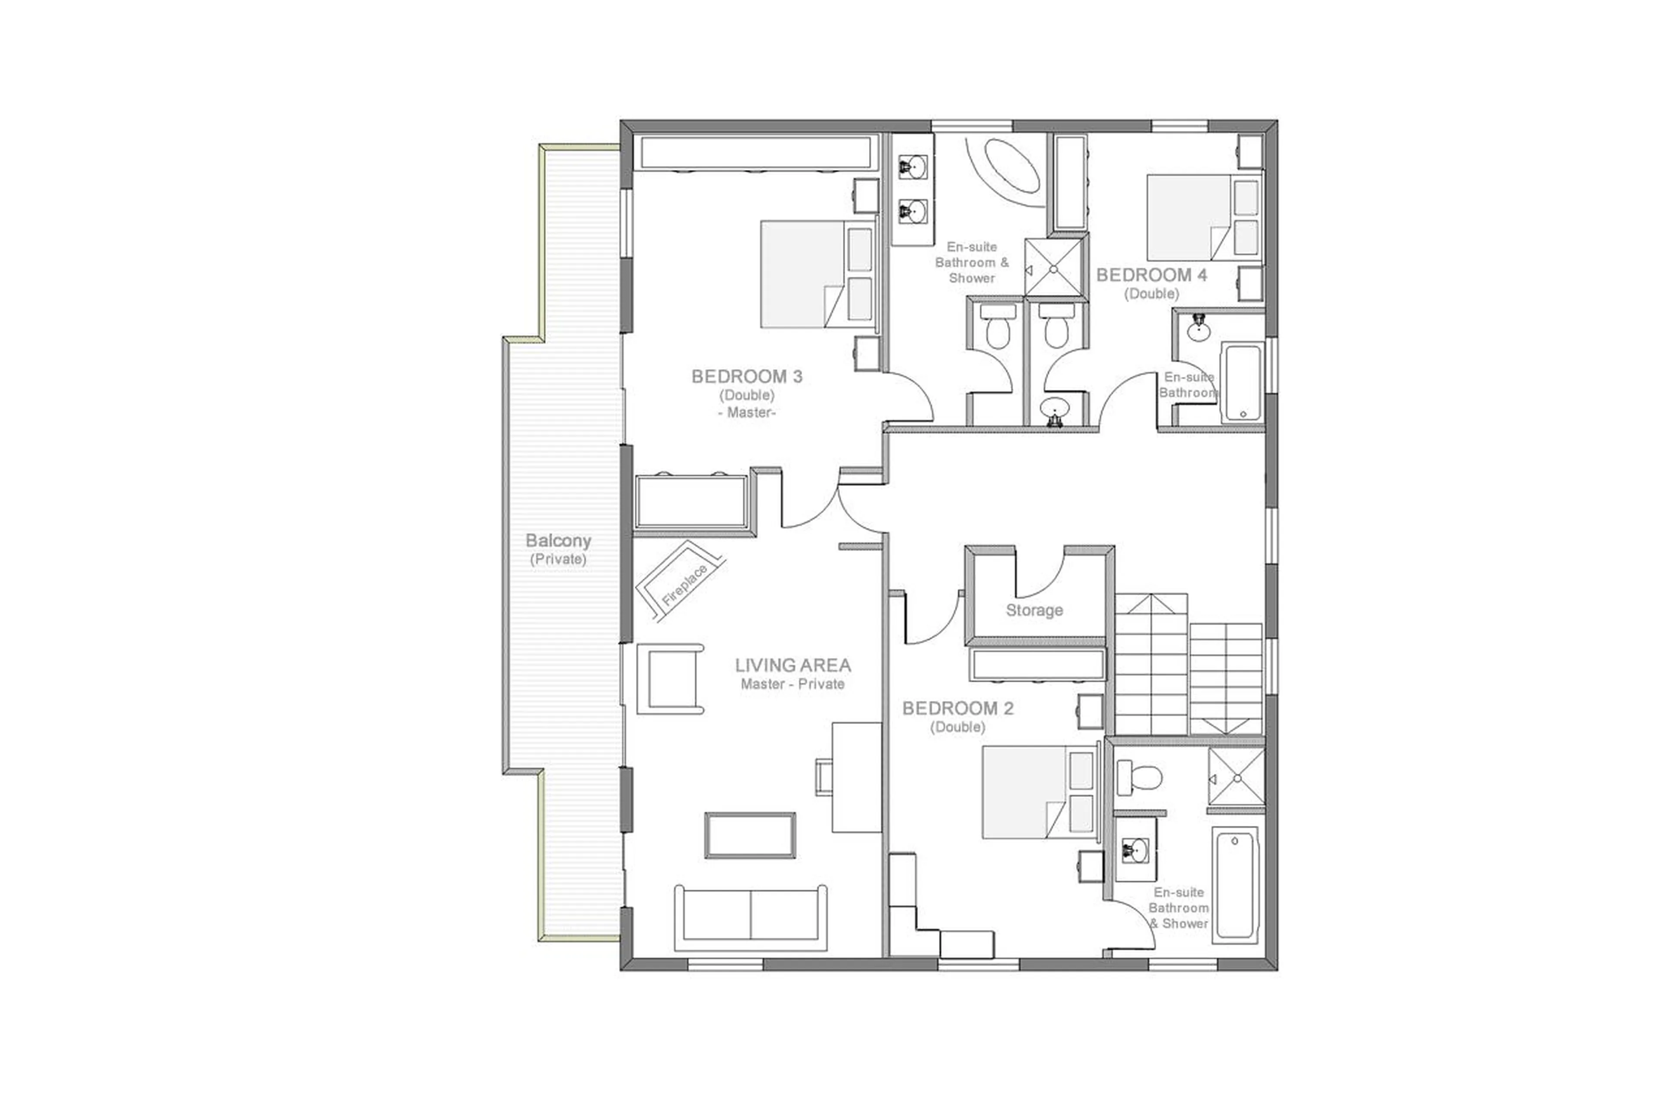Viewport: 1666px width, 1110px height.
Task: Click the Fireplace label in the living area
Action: (x=683, y=585)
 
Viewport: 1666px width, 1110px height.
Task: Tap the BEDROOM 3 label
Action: (x=746, y=377)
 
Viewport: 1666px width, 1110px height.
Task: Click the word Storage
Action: (x=1034, y=610)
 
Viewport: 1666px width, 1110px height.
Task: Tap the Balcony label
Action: (x=558, y=541)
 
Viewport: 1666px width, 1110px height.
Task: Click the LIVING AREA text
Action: (x=792, y=665)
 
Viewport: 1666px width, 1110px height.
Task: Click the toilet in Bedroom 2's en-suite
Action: (x=1138, y=777)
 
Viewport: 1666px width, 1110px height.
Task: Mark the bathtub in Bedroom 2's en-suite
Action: (x=1234, y=885)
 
